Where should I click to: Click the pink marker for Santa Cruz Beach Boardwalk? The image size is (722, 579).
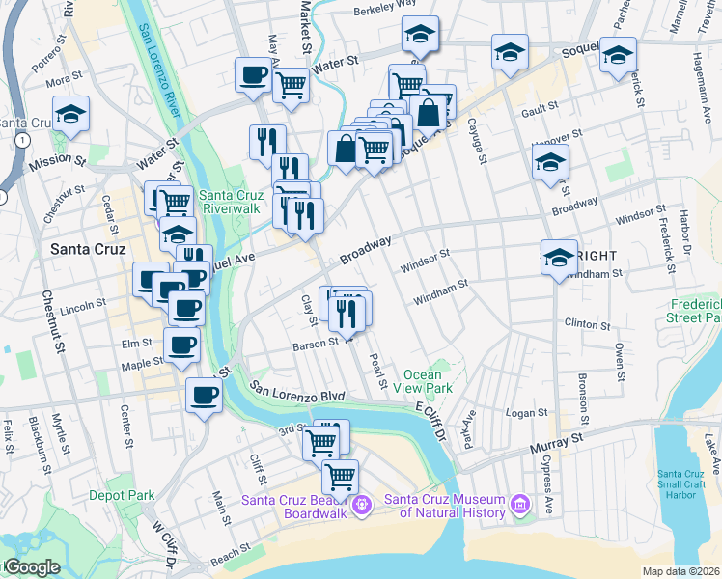tap(363, 504)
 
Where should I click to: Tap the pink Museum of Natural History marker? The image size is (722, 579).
tap(520, 504)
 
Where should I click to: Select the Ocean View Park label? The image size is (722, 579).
tap(428, 381)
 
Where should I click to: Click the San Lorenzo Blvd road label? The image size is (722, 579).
tap(296, 391)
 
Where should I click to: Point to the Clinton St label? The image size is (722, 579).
tap(588, 323)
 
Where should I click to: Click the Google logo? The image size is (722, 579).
tap(32, 567)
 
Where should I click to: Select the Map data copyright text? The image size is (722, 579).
tap(680, 571)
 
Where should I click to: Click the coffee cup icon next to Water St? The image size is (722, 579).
tap(254, 75)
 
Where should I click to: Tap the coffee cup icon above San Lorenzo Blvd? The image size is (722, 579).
tap(203, 395)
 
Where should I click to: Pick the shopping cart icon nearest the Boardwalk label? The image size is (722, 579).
tap(340, 477)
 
